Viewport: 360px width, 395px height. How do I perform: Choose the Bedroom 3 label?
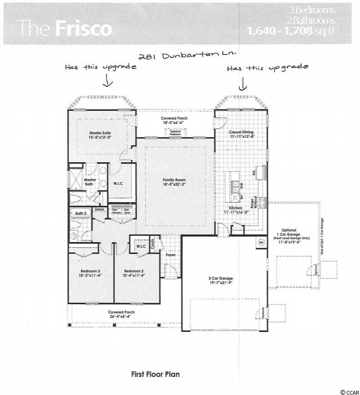coord(89,273)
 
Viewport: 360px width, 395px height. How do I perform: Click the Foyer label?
coord(170,255)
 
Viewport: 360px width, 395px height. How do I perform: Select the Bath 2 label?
coord(81,213)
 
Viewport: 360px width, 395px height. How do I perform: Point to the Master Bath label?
coord(90,182)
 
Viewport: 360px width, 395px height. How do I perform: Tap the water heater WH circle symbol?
coord(262,242)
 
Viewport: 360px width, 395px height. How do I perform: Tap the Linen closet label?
coord(99,210)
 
